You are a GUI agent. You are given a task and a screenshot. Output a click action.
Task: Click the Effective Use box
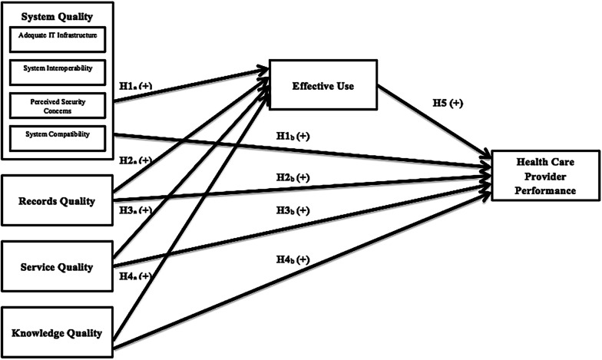tap(322, 86)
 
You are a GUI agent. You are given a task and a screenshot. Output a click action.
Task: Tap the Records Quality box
tap(58, 201)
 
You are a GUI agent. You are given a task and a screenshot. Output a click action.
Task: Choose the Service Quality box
tap(58, 267)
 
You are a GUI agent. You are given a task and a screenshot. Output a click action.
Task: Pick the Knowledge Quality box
tap(58, 333)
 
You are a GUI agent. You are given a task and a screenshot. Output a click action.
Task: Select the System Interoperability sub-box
tap(58, 68)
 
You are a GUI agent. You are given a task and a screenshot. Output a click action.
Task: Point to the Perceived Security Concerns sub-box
tap(58, 105)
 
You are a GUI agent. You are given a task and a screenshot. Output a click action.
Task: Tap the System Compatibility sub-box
tap(58, 135)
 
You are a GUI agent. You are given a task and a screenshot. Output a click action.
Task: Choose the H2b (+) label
tap(293, 177)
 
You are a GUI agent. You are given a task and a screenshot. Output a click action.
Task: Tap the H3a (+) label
tap(136, 210)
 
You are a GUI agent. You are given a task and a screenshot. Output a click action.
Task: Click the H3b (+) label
tap(293, 210)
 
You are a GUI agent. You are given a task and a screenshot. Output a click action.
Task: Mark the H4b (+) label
tap(293, 259)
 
